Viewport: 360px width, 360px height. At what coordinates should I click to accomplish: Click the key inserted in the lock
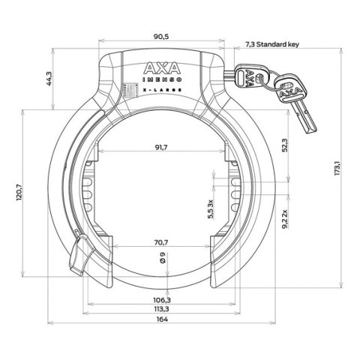coord(247,75)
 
